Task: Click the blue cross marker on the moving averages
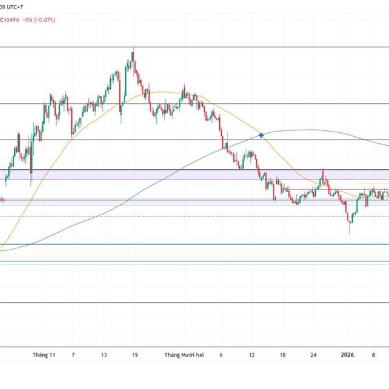[261, 135]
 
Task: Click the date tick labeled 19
[134, 355]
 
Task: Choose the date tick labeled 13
[104, 355]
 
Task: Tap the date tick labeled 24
[314, 355]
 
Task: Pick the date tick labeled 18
[283, 355]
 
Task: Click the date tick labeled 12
[252, 355]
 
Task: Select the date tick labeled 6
[221, 355]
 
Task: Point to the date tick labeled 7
[73, 355]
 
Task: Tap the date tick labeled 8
[374, 355]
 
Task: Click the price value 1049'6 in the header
[16, 20]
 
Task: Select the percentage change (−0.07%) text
[46, 20]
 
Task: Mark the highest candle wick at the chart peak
[132, 49]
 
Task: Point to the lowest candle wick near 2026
[349, 232]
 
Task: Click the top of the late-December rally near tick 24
[323, 173]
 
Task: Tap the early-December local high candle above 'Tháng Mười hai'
[185, 86]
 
